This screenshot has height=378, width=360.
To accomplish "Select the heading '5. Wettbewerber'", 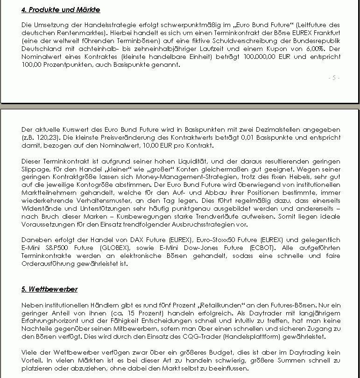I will tap(49, 289).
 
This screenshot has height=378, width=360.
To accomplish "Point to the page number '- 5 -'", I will tap(334, 78).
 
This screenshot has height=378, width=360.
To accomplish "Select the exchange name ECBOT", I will tap(263, 248).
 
